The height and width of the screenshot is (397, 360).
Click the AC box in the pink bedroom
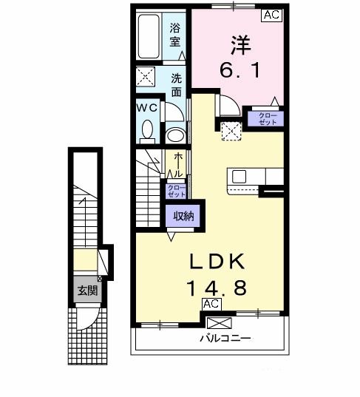tap(271, 15)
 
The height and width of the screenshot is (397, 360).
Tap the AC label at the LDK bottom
tap(211, 305)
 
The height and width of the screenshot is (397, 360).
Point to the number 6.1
tap(236, 72)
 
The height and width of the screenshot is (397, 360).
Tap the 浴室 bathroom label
tap(175, 35)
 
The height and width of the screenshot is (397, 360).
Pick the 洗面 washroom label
tap(177, 84)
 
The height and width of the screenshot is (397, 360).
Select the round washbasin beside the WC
tap(174, 135)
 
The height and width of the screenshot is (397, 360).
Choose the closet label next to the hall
tap(176, 191)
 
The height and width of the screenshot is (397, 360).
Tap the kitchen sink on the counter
tap(240, 177)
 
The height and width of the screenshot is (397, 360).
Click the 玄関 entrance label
tap(86, 291)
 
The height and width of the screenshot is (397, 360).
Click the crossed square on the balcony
tap(219, 323)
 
